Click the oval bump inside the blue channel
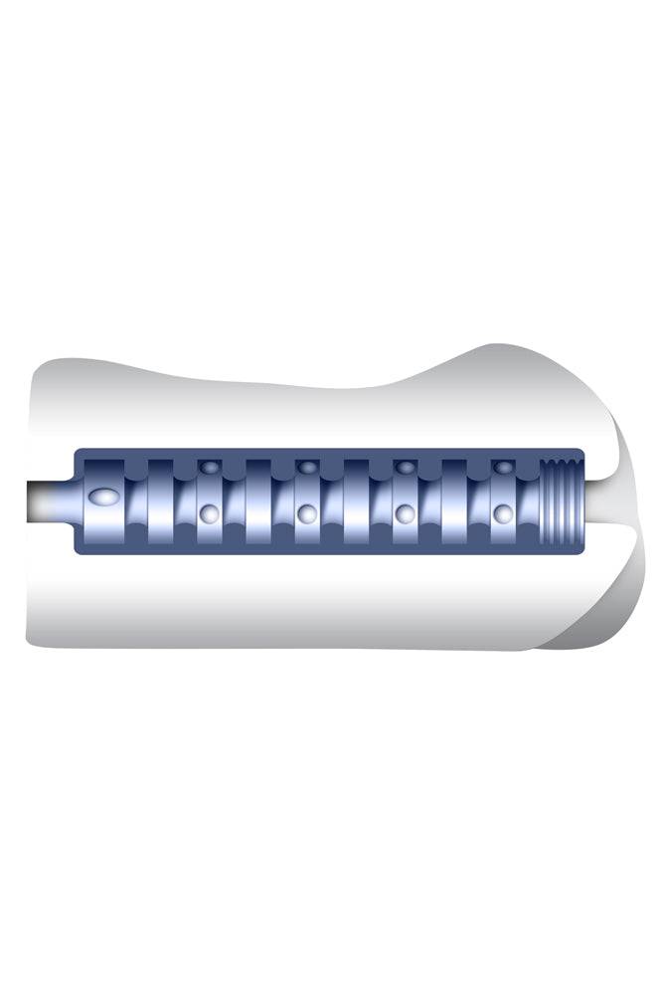click(101, 496)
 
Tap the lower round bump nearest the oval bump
click(209, 513)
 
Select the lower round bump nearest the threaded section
click(504, 513)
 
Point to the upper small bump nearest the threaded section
click(504, 467)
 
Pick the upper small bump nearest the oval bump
click(210, 467)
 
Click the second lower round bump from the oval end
click(307, 513)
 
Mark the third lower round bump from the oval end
click(405, 513)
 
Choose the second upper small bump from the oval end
click(308, 467)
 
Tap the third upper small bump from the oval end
click(406, 467)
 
